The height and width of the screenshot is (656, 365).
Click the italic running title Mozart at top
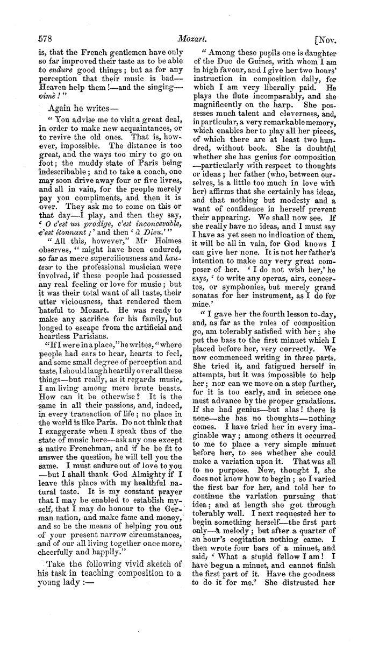coord(189,39)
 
